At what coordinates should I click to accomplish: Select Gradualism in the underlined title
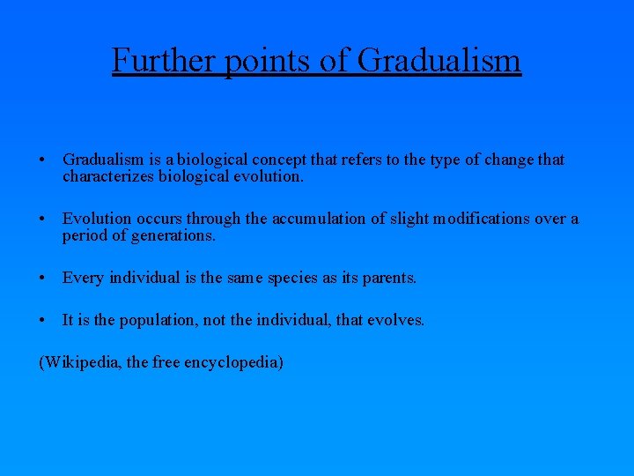pos(440,60)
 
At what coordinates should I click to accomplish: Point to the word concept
pos(277,160)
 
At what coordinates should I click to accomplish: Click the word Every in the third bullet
pos(83,278)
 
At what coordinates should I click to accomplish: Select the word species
pos(299,278)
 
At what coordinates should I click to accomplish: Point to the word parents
pos(388,278)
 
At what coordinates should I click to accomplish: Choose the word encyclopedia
pos(232,362)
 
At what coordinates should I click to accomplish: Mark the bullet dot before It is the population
pos(43,321)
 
